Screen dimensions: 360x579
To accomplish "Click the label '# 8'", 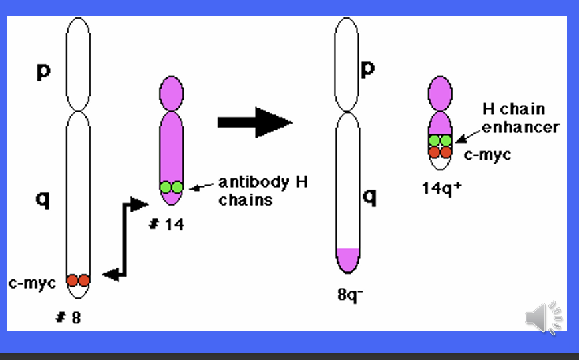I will [68, 317].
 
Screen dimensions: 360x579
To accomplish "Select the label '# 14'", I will [166, 225].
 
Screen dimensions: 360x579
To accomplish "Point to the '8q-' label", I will [350, 294].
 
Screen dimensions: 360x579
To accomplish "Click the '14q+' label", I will [441, 188].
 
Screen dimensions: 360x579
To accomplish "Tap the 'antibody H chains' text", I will [263, 190].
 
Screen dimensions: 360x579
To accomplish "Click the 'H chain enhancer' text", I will [520, 118].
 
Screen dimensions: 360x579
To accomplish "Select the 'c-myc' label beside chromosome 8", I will [31, 283].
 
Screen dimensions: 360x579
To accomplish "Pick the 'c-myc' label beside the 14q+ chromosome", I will [488, 154].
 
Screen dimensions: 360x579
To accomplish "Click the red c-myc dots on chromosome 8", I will [78, 281].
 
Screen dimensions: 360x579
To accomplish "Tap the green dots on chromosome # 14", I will [171, 187].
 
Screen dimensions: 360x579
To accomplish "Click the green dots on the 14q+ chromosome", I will [440, 140].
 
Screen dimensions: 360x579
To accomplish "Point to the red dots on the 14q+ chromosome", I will [440, 152].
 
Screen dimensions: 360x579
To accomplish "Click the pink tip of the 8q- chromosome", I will [347, 259].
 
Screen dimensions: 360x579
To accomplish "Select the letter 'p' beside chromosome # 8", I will [43, 71].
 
